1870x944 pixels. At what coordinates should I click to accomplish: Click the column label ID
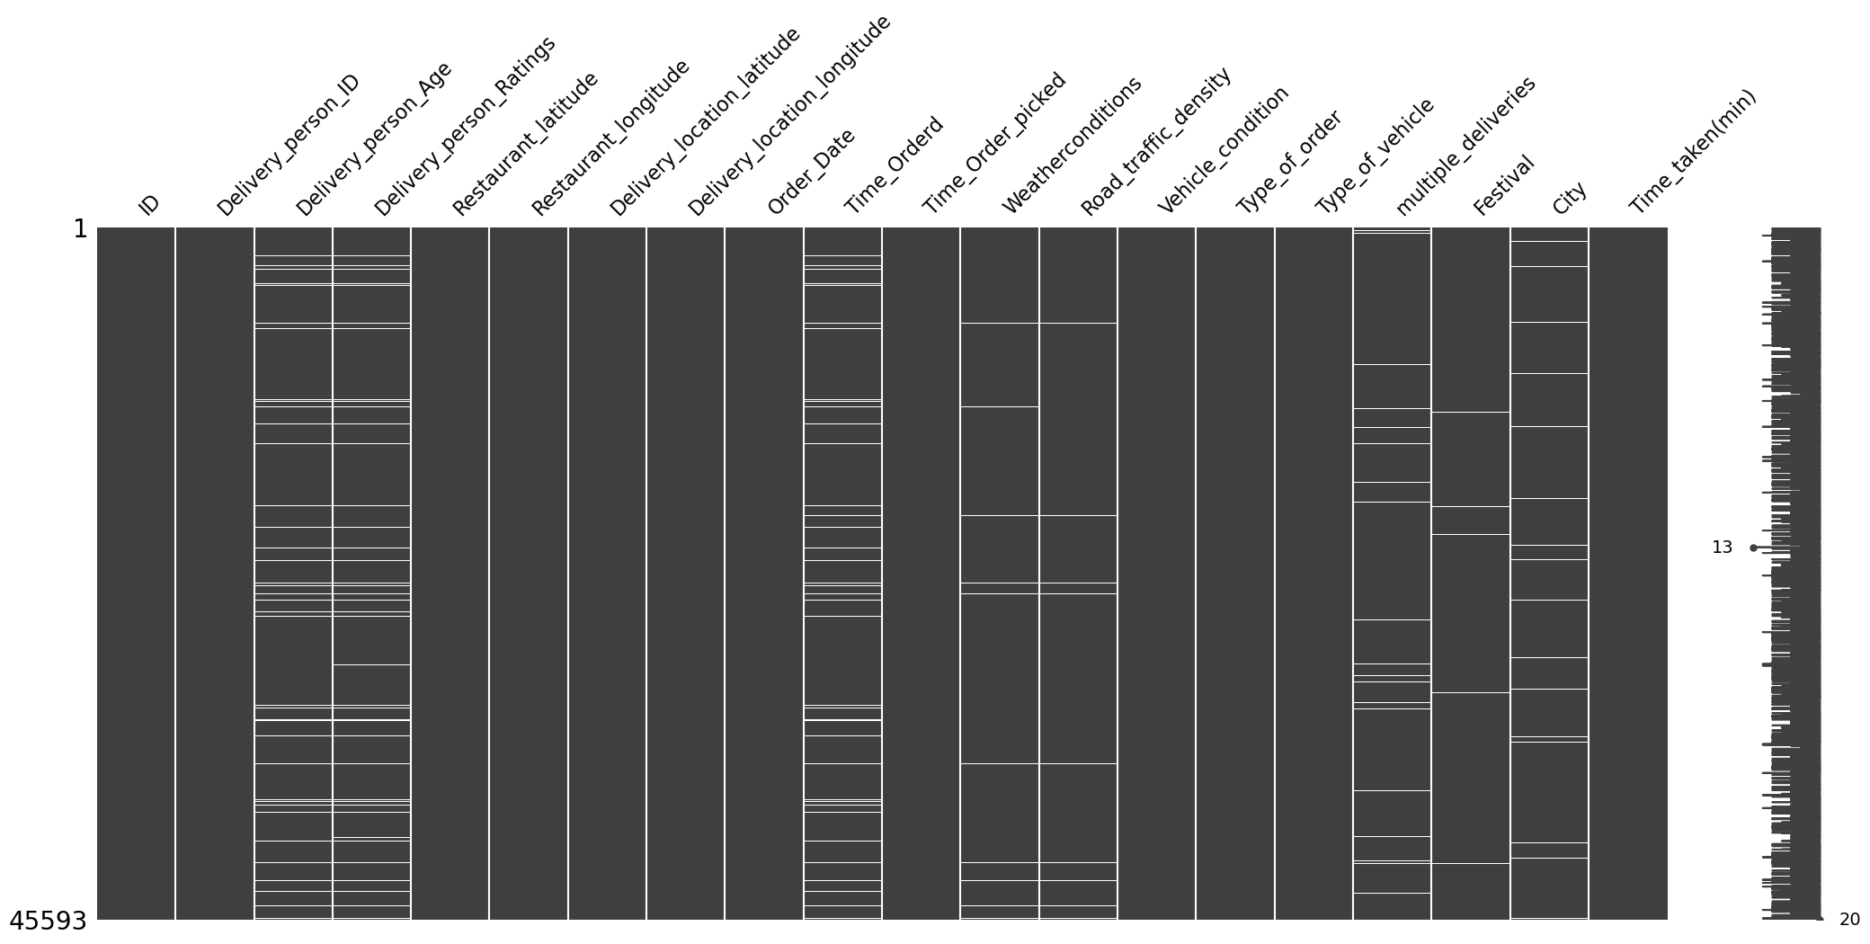click(149, 204)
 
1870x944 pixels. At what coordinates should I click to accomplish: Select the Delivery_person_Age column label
click(374, 140)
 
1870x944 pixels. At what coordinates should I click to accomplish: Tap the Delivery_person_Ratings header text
click(466, 127)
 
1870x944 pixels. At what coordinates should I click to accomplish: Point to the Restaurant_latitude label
click(526, 144)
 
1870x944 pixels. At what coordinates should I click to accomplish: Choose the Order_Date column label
click(812, 172)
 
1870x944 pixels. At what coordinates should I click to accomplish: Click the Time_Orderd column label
click(895, 165)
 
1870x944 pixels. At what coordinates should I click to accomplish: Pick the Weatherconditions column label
click(1073, 145)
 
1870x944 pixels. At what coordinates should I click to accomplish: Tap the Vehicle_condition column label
click(1224, 150)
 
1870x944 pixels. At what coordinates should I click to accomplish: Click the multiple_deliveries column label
click(1466, 146)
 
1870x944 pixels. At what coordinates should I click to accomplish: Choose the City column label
click(1570, 199)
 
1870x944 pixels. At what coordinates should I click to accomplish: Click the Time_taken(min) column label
click(1693, 152)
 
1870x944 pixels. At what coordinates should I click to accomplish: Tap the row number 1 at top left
click(80, 229)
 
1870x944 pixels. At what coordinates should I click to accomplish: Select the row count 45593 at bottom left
click(49, 922)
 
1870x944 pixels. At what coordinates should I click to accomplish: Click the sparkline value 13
click(1722, 548)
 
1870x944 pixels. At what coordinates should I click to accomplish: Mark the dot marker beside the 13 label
click(1753, 548)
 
